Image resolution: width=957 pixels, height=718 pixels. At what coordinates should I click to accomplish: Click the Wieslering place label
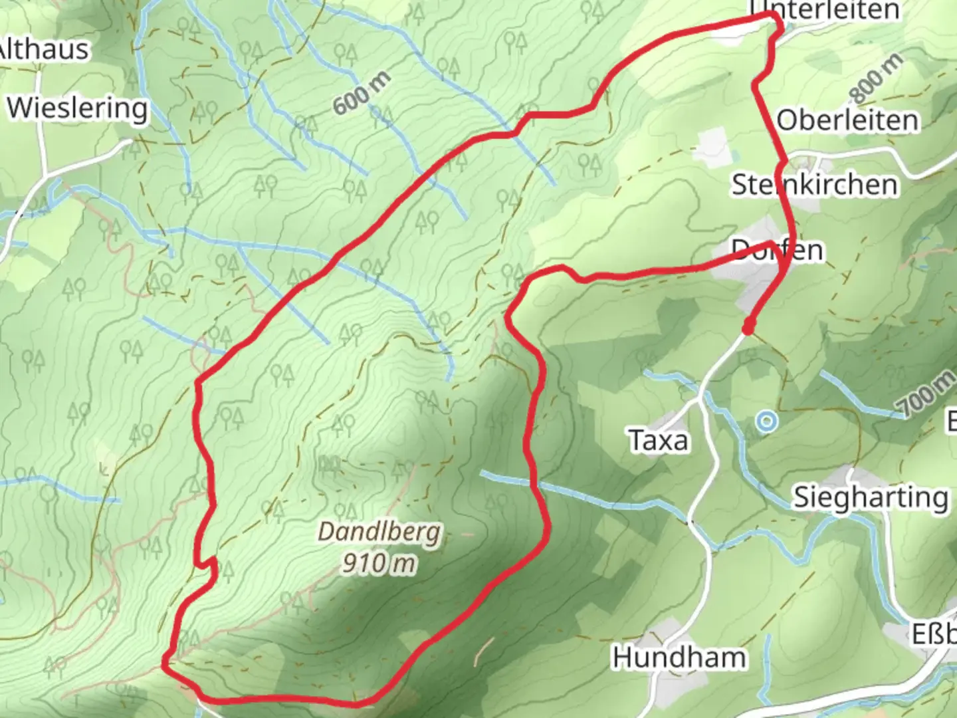[x=78, y=108]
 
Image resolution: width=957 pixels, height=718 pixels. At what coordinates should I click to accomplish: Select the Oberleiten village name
[x=848, y=120]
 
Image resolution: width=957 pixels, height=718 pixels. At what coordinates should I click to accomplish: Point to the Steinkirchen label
[x=815, y=184]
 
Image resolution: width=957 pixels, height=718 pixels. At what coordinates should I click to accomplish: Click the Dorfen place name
[x=778, y=250]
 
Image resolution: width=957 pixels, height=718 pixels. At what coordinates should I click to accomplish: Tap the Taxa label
[x=658, y=440]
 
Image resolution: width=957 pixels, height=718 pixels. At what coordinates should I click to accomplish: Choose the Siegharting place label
[x=871, y=497]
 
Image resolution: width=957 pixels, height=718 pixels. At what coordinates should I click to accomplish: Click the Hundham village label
[x=679, y=657]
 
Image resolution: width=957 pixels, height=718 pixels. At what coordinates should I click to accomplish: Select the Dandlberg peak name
[x=379, y=532]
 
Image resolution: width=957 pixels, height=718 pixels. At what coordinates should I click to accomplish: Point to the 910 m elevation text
[x=379, y=564]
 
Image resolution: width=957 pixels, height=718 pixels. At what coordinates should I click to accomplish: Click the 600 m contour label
[x=362, y=93]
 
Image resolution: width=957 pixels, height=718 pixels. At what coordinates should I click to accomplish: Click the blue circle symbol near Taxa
[x=767, y=421]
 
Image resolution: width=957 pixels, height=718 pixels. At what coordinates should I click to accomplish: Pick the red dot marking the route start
[x=748, y=327]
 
